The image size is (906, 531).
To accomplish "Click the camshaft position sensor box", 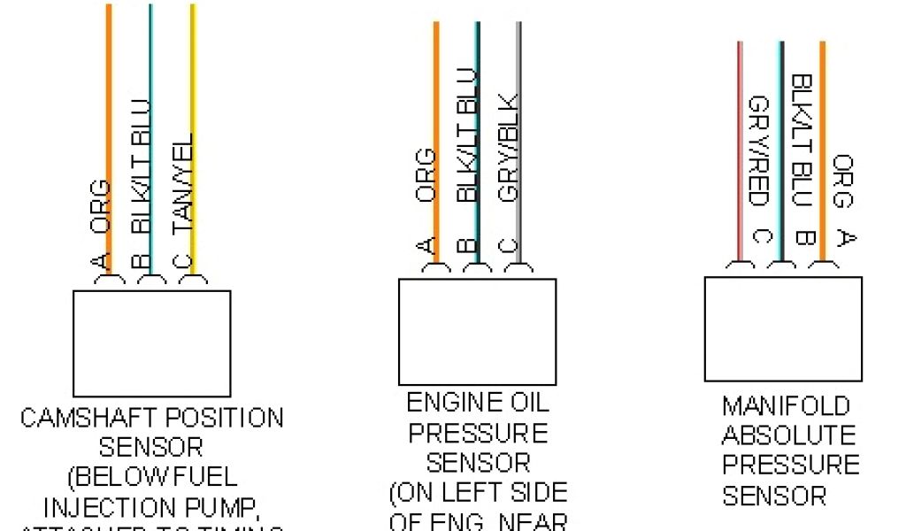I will (x=151, y=342).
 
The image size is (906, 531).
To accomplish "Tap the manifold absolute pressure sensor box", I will (x=782, y=327).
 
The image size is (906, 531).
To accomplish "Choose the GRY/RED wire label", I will (x=758, y=151).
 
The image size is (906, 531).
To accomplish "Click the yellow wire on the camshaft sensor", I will (x=193, y=88).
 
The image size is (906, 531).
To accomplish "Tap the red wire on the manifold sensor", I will (x=741, y=133).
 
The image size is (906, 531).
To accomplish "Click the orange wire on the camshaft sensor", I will (x=109, y=88).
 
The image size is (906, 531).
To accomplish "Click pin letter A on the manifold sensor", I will (x=846, y=238).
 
